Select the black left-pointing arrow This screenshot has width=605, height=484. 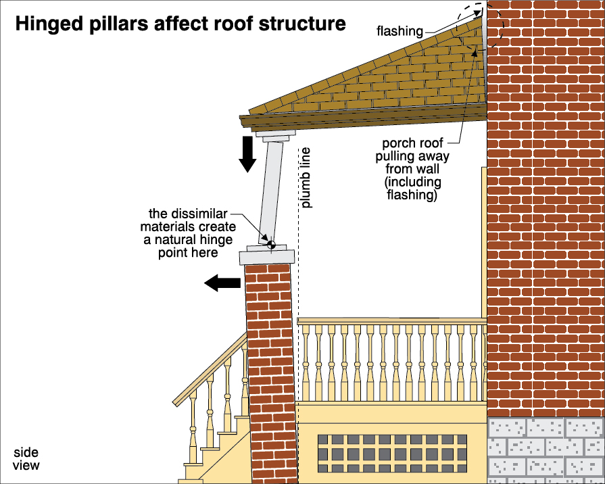pos(222,283)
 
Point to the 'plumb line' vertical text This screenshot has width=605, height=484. pos(306,177)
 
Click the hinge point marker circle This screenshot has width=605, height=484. pos(270,244)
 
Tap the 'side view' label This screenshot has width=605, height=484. pos(26,459)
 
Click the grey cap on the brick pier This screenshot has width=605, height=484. pos(267,256)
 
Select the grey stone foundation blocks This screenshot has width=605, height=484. pos(546,450)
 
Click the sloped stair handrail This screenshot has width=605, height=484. pos(210,369)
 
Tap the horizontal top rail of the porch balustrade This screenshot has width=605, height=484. pos(392,320)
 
